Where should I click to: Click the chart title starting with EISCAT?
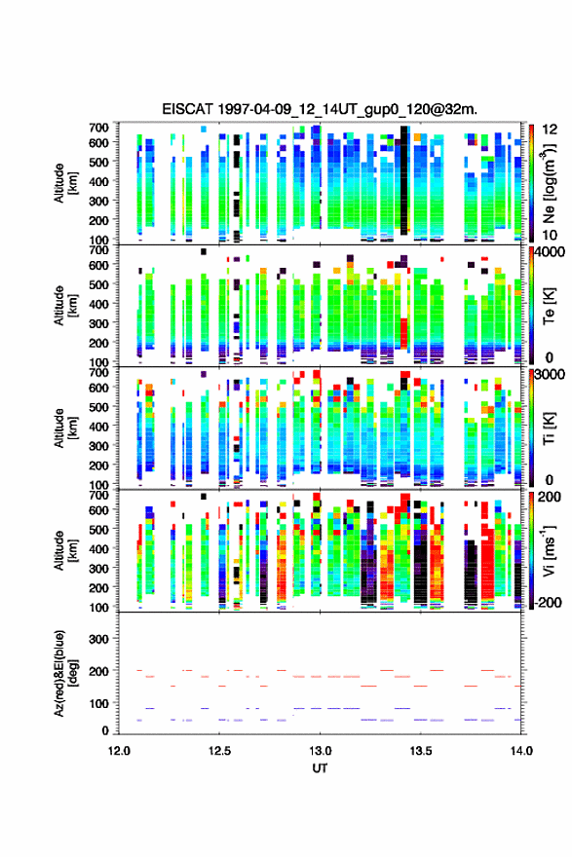pos(320,109)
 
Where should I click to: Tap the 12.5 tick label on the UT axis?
pos(219,751)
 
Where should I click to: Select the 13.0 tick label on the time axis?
pos(320,751)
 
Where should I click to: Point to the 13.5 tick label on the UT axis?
pos(421,751)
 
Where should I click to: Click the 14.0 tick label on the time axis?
pos(521,751)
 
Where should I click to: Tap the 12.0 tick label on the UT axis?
pos(119,751)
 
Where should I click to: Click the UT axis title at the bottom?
pos(320,768)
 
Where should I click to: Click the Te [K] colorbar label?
pos(549,306)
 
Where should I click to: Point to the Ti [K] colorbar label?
pos(549,428)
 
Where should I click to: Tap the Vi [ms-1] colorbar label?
pos(549,550)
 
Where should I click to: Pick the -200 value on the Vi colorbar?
pos(549,602)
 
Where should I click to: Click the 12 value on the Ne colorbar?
pos(550,130)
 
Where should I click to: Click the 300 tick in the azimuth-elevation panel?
pos(98,639)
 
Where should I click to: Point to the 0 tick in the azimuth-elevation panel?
pos(105,730)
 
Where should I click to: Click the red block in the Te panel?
pos(403,333)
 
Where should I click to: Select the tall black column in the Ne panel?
pos(404,180)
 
